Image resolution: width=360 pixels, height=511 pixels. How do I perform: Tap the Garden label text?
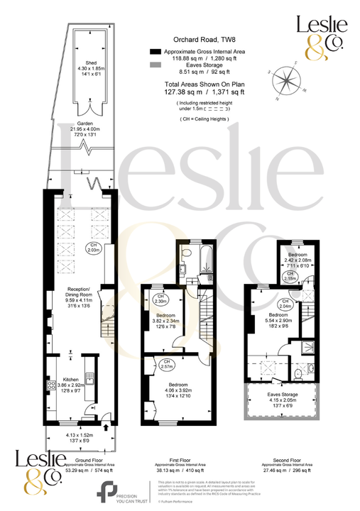tap(66, 122)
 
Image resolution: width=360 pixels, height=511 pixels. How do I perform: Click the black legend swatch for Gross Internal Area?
tap(155, 52)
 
